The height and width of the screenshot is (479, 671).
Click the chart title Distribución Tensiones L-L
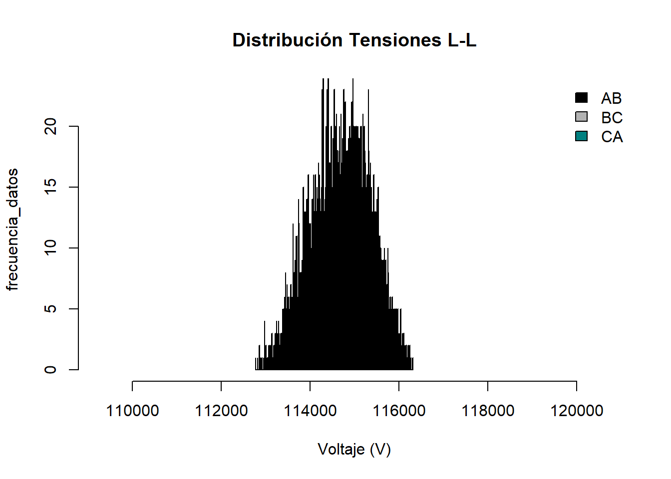(354, 40)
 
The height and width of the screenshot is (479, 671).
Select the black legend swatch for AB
(581, 98)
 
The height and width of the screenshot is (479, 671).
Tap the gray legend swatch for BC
(581, 117)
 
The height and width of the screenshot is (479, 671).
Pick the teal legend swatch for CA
(581, 136)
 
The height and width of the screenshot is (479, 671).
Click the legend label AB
(611, 98)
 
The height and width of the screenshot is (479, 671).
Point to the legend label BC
(612, 118)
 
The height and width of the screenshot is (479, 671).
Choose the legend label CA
(612, 137)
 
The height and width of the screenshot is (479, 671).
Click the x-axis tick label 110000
(132, 411)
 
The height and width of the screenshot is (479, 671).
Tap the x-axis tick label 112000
(221, 411)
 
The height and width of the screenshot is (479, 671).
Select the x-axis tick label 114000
(310, 411)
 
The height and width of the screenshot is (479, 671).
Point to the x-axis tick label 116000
(399, 411)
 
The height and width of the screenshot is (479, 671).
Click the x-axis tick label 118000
(488, 411)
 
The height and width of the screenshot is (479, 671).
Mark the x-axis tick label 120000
(577, 411)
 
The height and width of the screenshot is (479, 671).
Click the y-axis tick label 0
(50, 370)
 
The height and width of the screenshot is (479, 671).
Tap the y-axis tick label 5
(50, 309)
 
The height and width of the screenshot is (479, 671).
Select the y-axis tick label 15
(50, 187)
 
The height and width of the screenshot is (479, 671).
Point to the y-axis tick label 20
(50, 126)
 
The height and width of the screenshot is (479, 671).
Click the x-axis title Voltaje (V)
(354, 450)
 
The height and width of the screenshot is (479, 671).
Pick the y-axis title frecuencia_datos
(12, 230)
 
